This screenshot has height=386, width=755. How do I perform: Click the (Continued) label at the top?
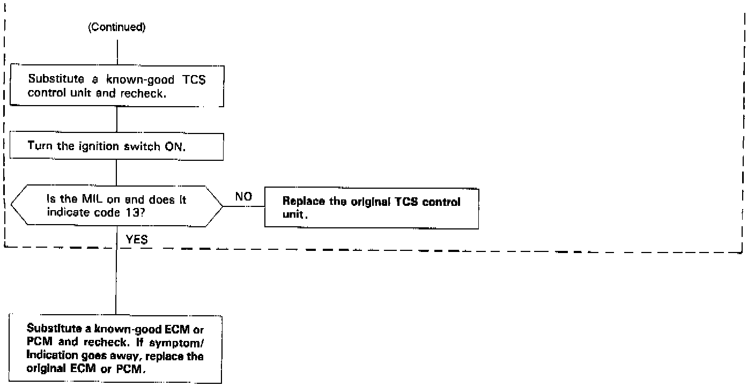pyautogui.click(x=116, y=28)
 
